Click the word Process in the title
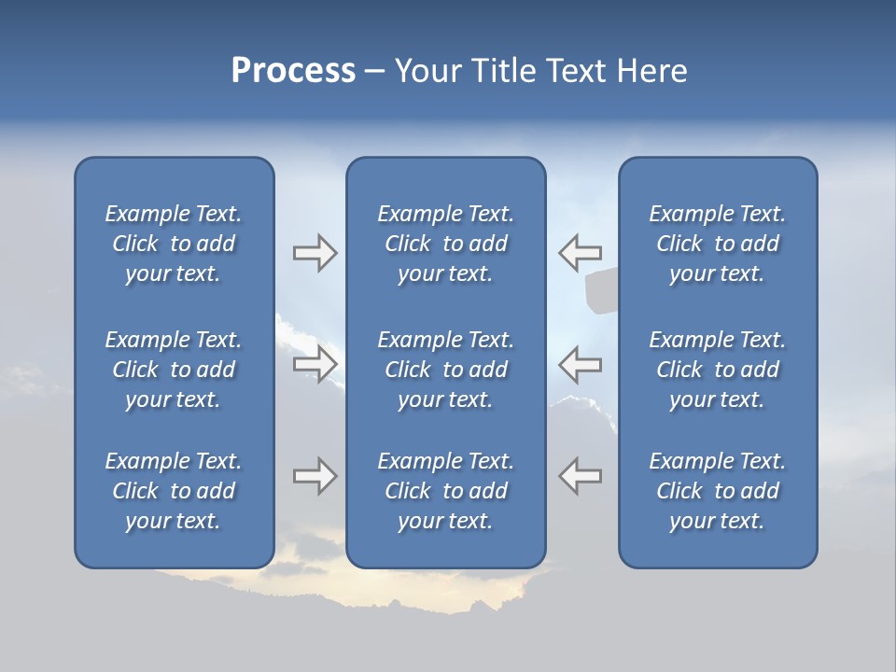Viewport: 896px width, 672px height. pyautogui.click(x=293, y=71)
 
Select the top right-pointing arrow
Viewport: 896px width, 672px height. pyautogui.click(x=315, y=253)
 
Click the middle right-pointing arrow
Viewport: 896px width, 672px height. pyautogui.click(x=315, y=364)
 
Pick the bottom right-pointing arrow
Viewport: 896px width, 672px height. pyautogui.click(x=315, y=476)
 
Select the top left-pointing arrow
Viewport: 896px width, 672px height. pyautogui.click(x=580, y=253)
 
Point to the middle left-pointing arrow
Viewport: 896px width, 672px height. pyautogui.click(x=580, y=364)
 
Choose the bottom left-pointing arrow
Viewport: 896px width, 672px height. pyautogui.click(x=580, y=476)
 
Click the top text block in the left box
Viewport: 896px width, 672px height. pyautogui.click(x=174, y=244)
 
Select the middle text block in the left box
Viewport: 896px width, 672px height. pyautogui.click(x=174, y=370)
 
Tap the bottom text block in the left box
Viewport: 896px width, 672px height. pyautogui.click(x=174, y=491)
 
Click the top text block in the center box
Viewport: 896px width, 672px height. pyautogui.click(x=445, y=244)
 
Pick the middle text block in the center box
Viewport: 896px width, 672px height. pyautogui.click(x=445, y=370)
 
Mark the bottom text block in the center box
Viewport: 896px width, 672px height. pyautogui.click(x=445, y=491)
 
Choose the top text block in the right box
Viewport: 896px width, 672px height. pyautogui.click(x=718, y=244)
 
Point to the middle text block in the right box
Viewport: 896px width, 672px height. pyautogui.click(x=718, y=370)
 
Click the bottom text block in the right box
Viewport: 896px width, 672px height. pyautogui.click(x=718, y=491)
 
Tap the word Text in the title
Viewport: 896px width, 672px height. pyautogui.click(x=576, y=71)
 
